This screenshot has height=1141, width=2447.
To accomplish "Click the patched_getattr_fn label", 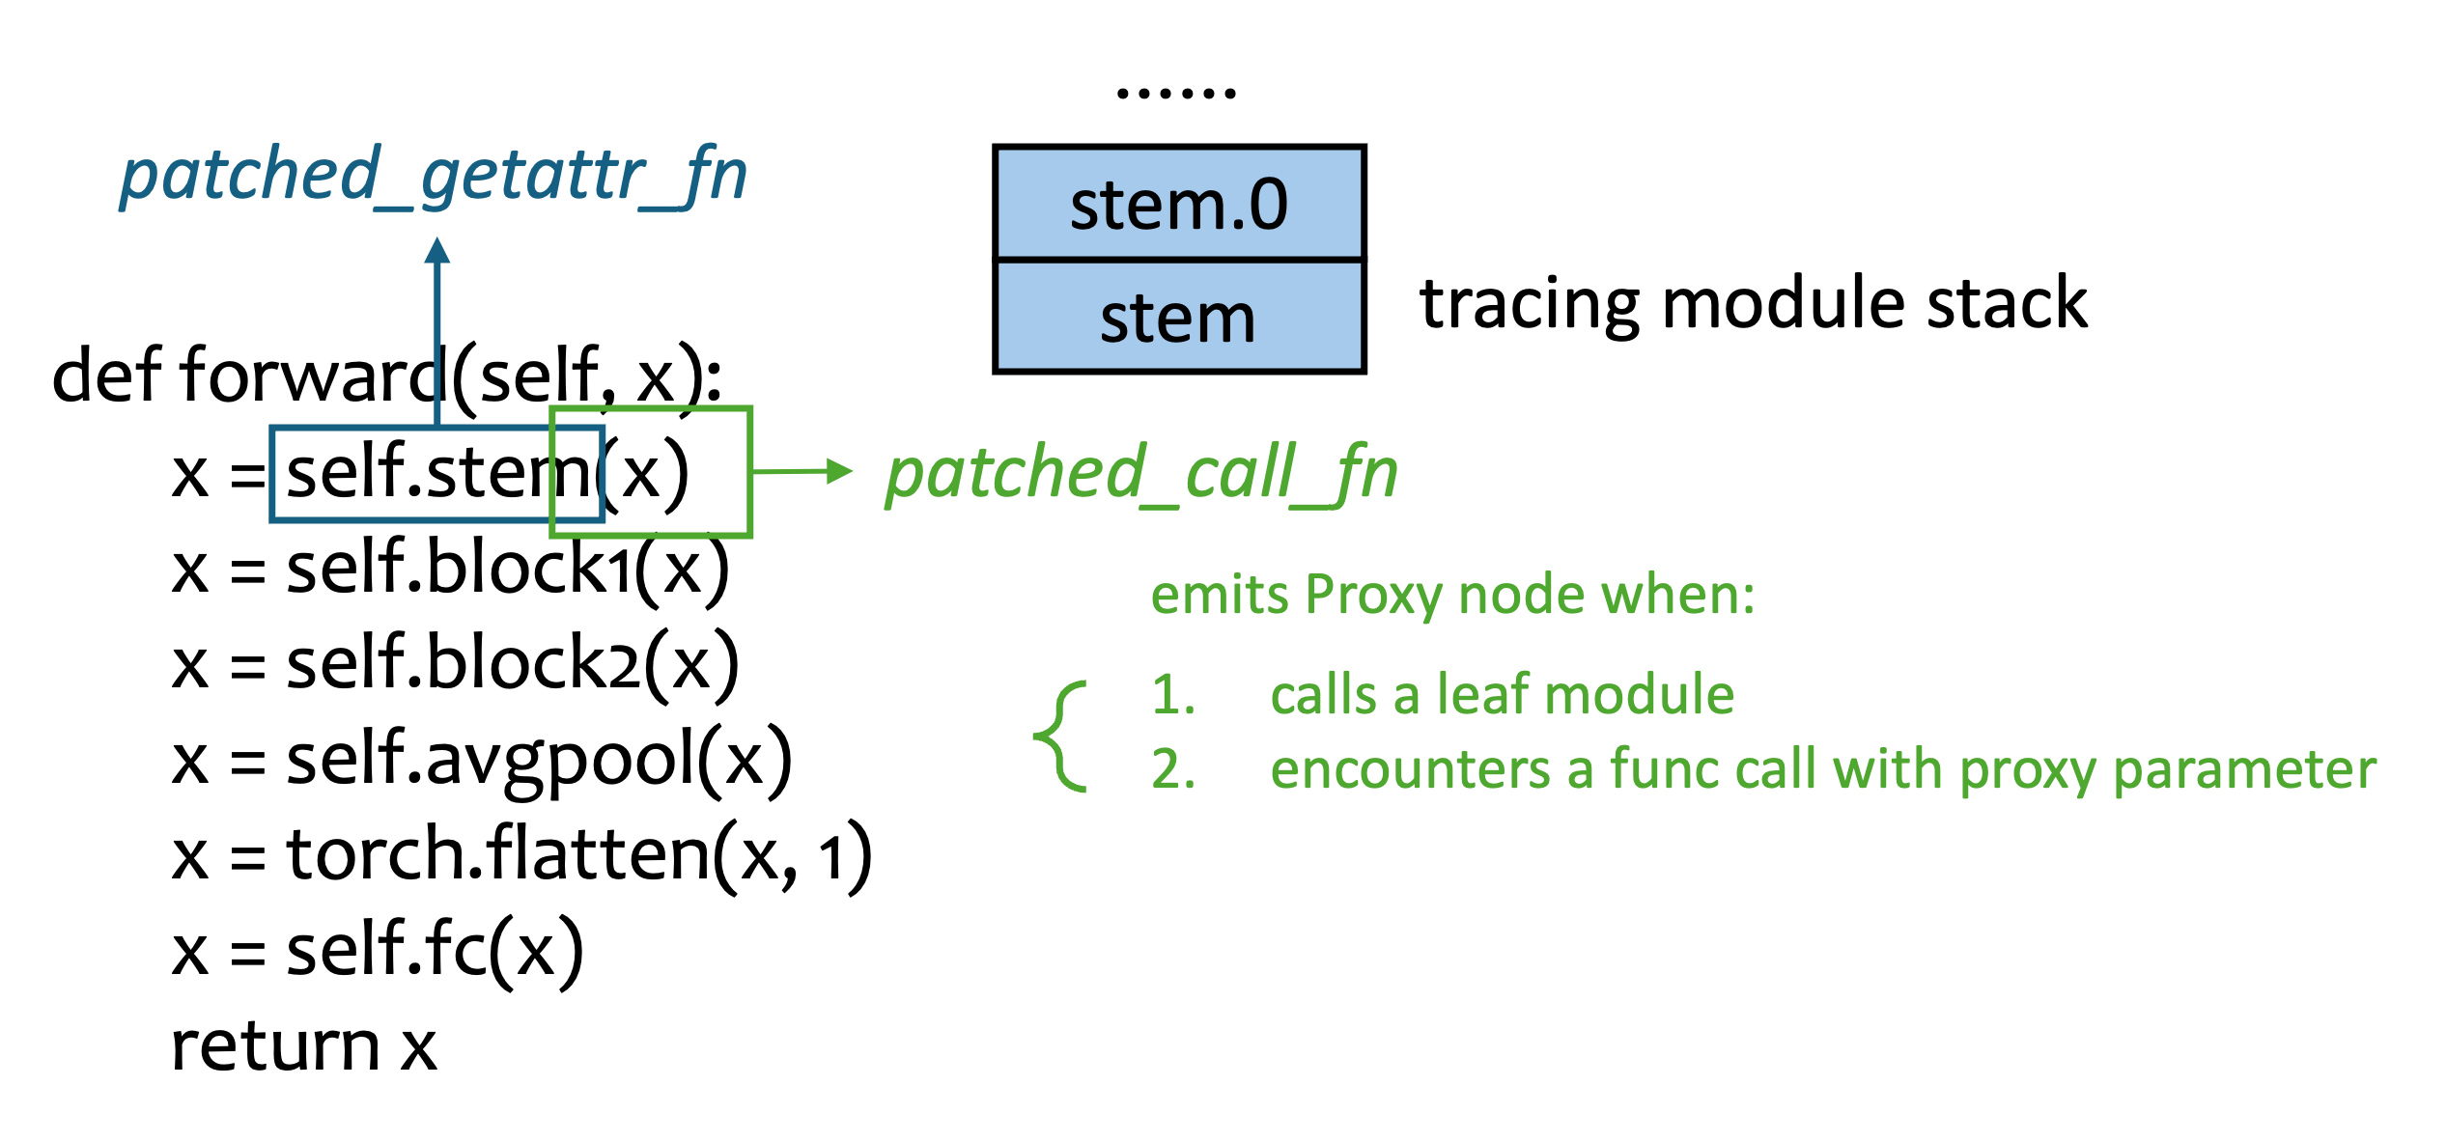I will (434, 176).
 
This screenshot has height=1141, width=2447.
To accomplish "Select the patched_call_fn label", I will (1141, 473).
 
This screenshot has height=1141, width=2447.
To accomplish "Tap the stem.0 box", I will (1179, 204).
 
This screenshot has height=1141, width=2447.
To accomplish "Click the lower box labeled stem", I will (1179, 317).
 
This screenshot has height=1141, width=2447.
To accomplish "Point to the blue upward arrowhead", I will (437, 251).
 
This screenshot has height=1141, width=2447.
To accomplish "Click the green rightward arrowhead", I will (839, 471).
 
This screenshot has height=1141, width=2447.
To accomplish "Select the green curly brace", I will (1060, 736).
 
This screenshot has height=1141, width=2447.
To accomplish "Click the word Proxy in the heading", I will (1373, 595).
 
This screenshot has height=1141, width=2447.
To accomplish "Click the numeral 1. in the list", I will (1173, 694).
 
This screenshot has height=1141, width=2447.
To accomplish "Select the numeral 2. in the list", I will (1173, 769).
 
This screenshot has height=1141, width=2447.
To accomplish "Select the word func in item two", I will (1664, 769).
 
